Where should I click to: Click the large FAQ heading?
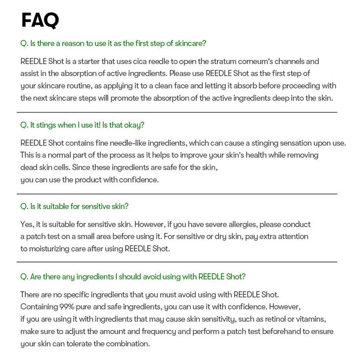40,20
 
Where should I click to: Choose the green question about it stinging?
82,125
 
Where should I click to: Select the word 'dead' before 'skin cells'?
29,167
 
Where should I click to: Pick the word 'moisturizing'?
56,249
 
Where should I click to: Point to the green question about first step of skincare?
113,43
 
